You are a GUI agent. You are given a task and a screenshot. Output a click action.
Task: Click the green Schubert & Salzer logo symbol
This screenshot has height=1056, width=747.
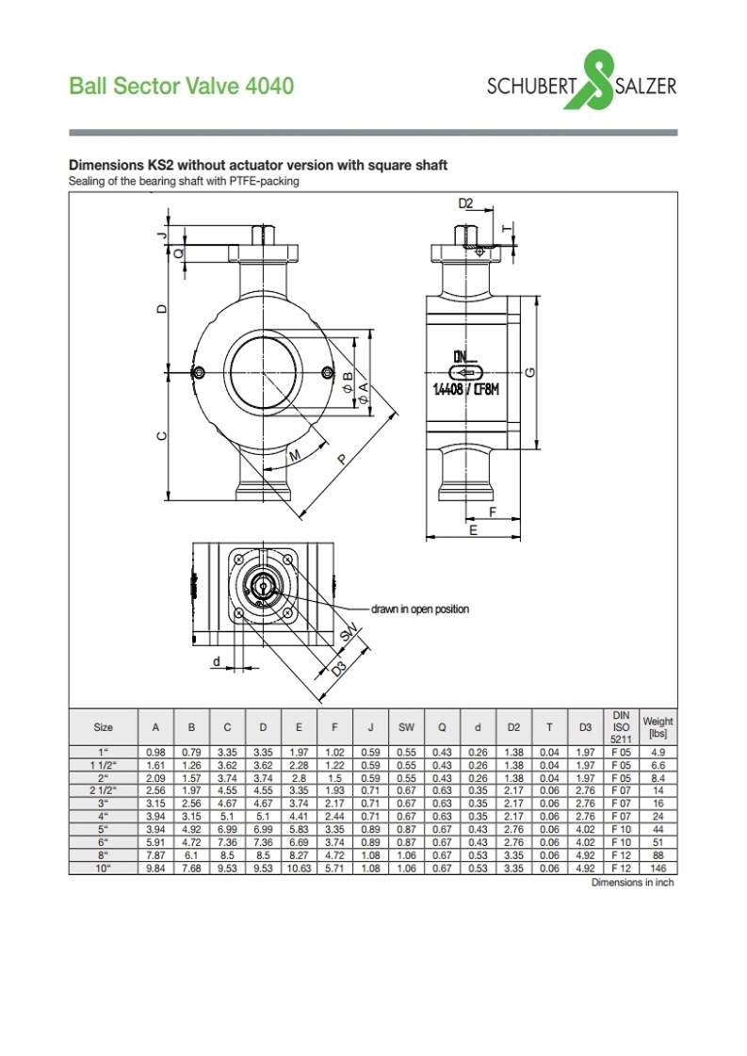click(589, 79)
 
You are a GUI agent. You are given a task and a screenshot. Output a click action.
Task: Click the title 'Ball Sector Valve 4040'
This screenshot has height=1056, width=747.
click(182, 87)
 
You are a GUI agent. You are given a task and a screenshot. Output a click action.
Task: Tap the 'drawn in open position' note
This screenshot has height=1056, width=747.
click(419, 609)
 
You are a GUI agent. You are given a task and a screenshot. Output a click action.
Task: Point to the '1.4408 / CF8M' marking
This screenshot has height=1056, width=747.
click(466, 390)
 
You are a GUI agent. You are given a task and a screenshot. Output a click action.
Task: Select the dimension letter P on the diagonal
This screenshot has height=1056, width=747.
click(343, 460)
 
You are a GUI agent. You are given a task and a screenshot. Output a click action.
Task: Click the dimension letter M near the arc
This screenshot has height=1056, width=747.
click(295, 456)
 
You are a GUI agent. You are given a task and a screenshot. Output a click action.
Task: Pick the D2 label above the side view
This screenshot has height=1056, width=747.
click(465, 203)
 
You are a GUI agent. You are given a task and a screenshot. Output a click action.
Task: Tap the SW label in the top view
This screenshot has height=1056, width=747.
click(348, 634)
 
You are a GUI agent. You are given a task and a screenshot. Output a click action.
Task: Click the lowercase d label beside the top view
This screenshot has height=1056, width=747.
click(217, 662)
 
